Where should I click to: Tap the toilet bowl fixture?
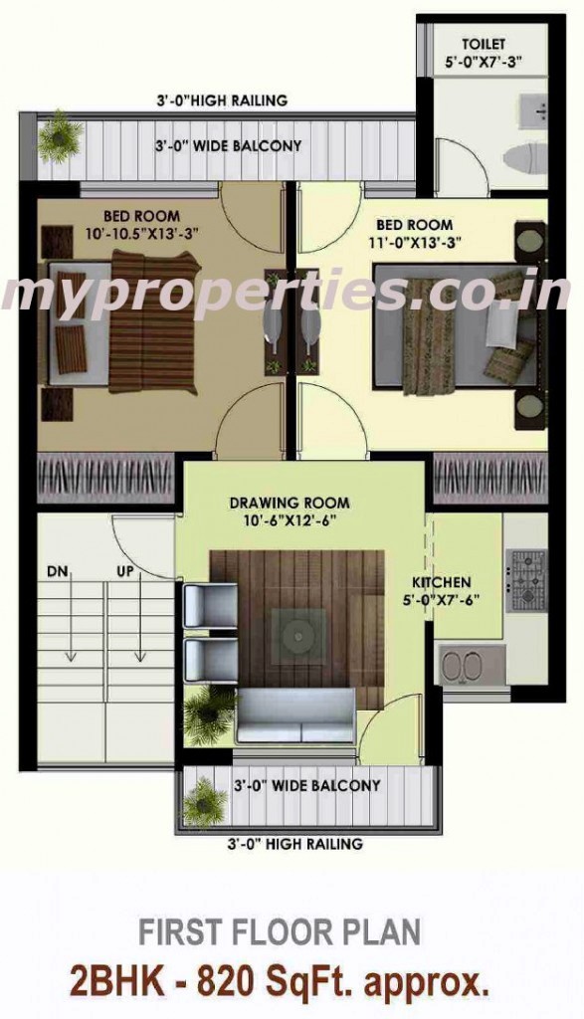pos(525,156)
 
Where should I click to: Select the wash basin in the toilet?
pos(532,111)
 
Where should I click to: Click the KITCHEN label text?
pos(442,582)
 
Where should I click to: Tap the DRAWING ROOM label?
pos(290,503)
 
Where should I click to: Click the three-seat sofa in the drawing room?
pos(295,715)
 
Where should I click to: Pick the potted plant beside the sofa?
pos(208,710)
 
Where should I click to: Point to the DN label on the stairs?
pos(58,572)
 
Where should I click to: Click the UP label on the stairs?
pos(126,572)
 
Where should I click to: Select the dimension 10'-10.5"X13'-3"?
pos(141,232)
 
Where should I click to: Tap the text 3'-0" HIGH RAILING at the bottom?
pos(294,844)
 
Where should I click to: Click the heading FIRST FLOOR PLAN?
pos(280,932)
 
